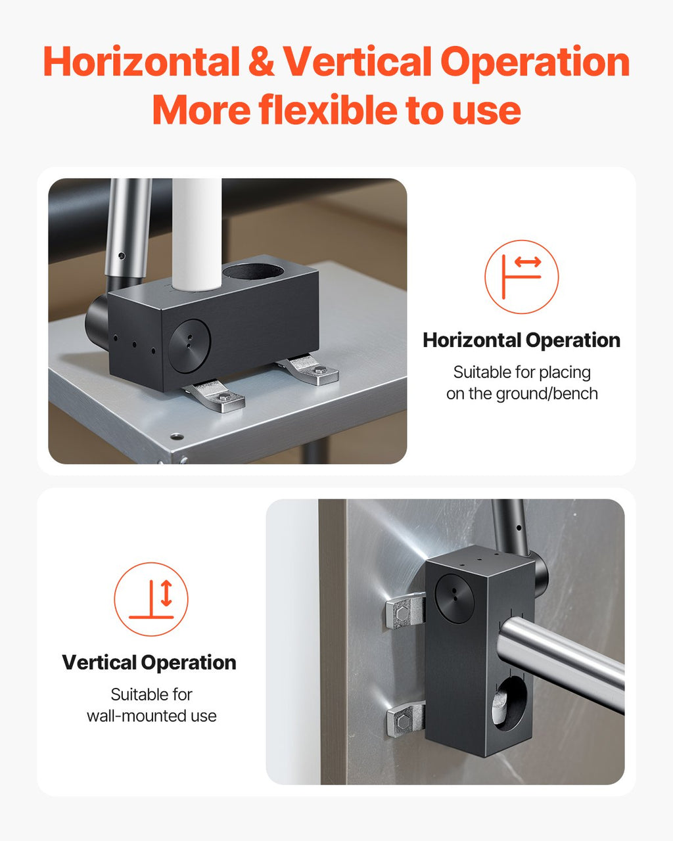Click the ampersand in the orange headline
click(261, 61)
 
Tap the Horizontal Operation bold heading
click(521, 340)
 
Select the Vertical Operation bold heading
click(149, 662)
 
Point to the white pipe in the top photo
click(197, 235)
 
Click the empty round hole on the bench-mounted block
click(253, 271)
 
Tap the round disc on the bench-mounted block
click(190, 346)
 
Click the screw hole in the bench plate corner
click(177, 436)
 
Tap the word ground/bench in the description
click(547, 394)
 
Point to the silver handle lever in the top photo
click(128, 231)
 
